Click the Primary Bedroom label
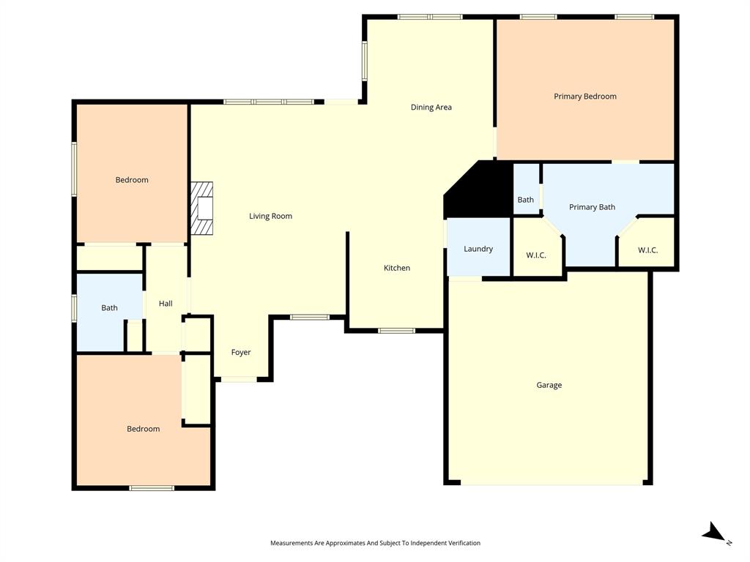pyautogui.click(x=584, y=97)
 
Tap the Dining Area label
pyautogui.click(x=431, y=108)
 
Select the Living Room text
pyautogui.click(x=270, y=217)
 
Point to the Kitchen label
pyautogui.click(x=397, y=269)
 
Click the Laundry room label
pyautogui.click(x=478, y=250)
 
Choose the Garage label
pyautogui.click(x=549, y=386)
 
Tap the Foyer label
pyautogui.click(x=241, y=353)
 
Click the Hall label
pyautogui.click(x=166, y=304)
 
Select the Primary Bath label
pyautogui.click(x=592, y=208)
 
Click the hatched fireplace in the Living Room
pyautogui.click(x=202, y=209)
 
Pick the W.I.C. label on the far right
pyautogui.click(x=647, y=250)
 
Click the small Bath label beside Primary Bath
pyautogui.click(x=525, y=201)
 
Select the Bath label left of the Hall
pyautogui.click(x=109, y=308)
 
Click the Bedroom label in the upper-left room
pyautogui.click(x=132, y=180)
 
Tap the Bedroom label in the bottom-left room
pyautogui.click(x=143, y=430)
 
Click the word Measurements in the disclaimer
pyautogui.click(x=291, y=543)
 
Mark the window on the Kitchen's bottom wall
pyautogui.click(x=396, y=331)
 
